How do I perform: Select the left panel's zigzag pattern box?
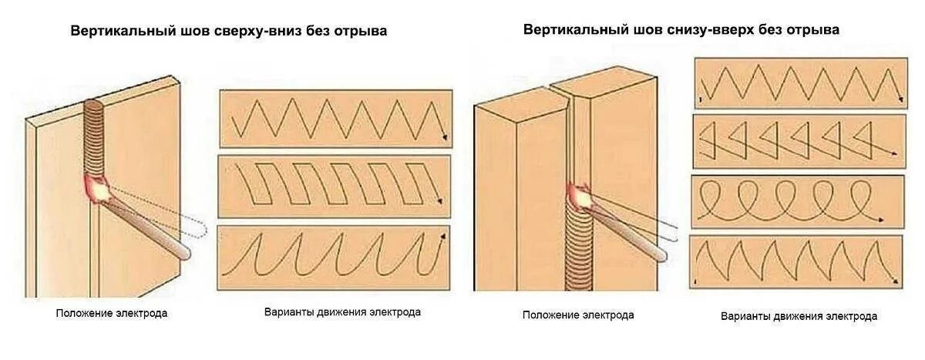point(335,119)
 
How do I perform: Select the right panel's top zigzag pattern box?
point(800,82)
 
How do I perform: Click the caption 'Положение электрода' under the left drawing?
point(111,314)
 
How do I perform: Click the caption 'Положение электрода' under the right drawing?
point(578,315)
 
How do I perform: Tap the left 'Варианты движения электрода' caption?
point(342,313)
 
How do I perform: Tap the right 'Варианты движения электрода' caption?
point(799,316)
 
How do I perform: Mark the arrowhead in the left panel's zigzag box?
point(444,136)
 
